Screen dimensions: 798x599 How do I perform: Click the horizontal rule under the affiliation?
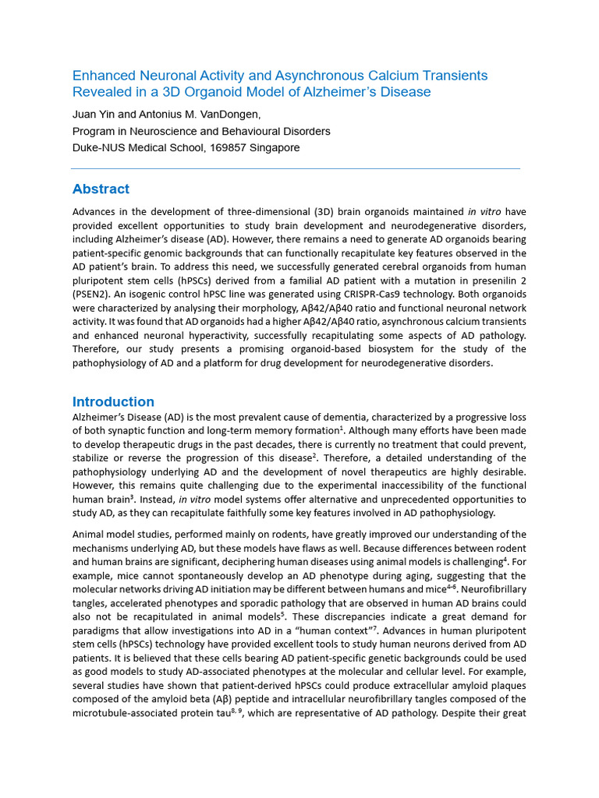pos(296,168)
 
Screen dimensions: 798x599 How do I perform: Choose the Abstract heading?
pos(101,189)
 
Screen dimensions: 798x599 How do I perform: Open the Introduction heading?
pos(113,402)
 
